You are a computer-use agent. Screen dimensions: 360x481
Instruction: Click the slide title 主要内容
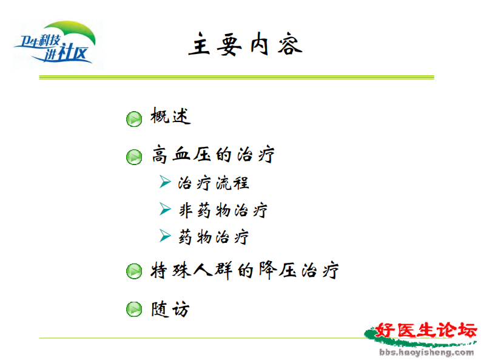244,45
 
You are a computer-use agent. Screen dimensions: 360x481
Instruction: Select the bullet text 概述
170,117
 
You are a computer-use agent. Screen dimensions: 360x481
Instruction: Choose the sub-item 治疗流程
214,183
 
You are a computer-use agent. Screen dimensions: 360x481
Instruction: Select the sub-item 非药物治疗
223,210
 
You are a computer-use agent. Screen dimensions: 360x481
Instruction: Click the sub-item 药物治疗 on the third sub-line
214,237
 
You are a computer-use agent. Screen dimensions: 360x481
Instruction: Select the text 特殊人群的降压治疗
244,270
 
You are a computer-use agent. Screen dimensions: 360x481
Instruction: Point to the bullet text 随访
170,309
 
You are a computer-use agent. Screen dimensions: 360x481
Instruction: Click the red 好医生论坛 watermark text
426,331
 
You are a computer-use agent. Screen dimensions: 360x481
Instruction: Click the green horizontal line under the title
237,77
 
